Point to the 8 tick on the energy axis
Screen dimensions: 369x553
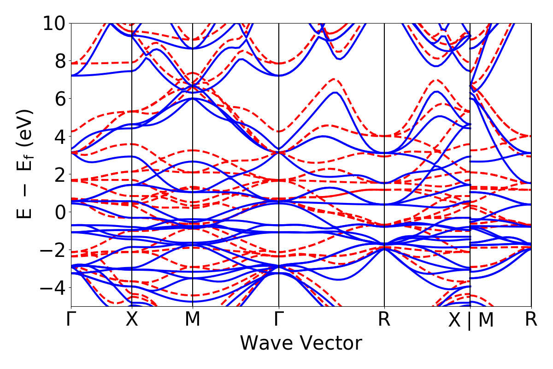coord(59,60)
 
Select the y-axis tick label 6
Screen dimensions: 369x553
coord(59,98)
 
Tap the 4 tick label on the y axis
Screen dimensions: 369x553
coord(59,136)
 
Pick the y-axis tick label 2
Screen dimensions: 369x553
coord(59,174)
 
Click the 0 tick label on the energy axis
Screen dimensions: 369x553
coord(59,212)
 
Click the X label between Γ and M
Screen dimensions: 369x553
coord(132,320)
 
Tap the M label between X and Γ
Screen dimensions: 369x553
coord(192,320)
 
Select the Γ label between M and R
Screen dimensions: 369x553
coord(278,320)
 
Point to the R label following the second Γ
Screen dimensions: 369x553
coord(384,320)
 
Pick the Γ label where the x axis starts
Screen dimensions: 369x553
coord(71,320)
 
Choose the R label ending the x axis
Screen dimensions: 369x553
coord(531,320)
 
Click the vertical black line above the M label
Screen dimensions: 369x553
coord(192,138)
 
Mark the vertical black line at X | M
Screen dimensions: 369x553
coord(470,138)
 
